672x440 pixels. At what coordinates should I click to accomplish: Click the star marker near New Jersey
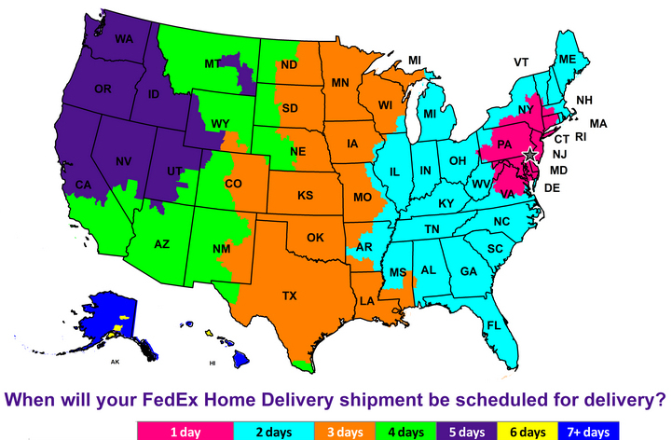530,154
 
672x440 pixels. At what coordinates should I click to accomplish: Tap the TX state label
289,296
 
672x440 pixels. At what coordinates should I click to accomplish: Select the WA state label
125,39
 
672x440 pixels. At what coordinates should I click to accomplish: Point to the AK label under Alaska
116,361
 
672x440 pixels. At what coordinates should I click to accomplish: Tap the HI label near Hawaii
213,362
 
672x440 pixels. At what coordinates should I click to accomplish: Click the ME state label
568,60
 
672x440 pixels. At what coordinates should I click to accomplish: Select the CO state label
233,184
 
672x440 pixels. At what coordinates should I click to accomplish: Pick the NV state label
123,160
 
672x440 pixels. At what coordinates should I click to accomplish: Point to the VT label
521,62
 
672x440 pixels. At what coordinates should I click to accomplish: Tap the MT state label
213,63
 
